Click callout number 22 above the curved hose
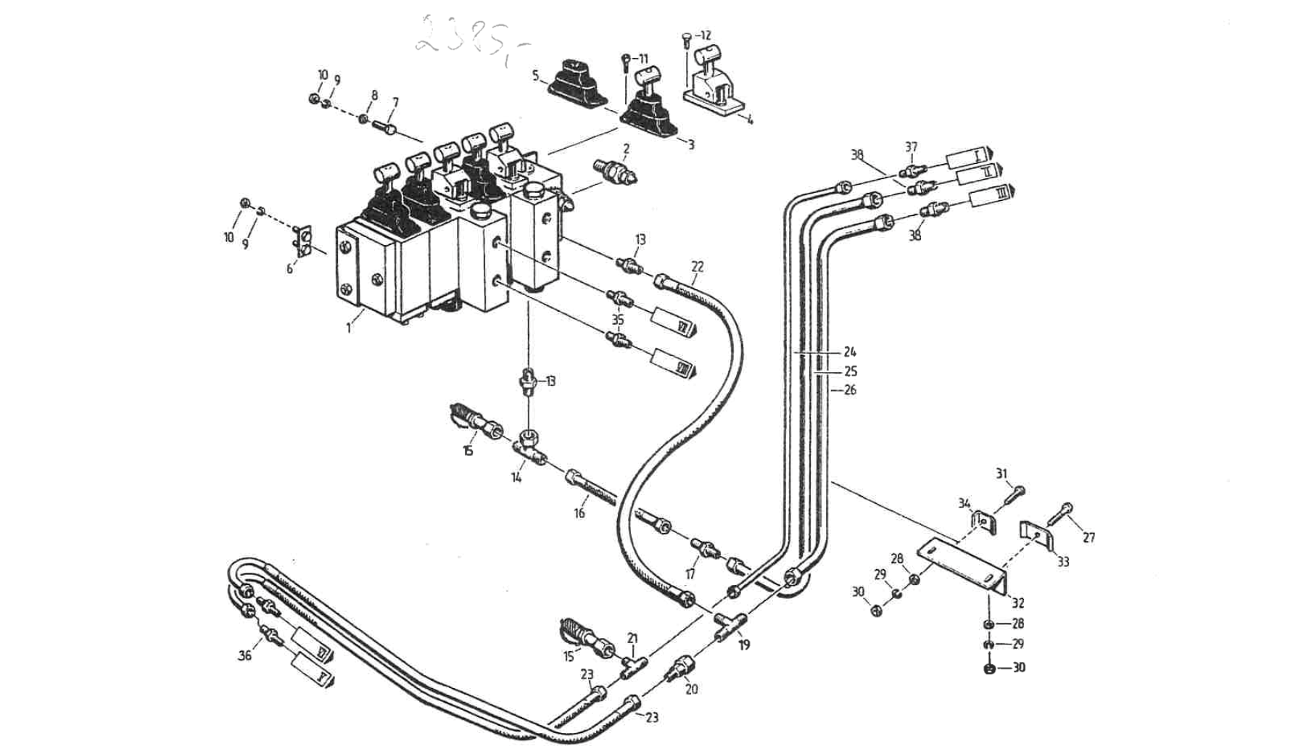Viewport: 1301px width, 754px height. [697, 267]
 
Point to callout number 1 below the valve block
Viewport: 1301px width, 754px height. [349, 328]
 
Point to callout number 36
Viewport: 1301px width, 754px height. [245, 655]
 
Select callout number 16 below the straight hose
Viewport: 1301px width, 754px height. [579, 513]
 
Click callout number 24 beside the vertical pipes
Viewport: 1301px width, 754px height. [850, 352]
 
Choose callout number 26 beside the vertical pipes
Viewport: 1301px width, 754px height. [850, 390]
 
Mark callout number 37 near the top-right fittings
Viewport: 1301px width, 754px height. [911, 147]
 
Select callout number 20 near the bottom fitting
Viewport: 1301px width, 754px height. [691, 689]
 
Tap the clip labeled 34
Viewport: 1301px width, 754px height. [983, 521]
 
